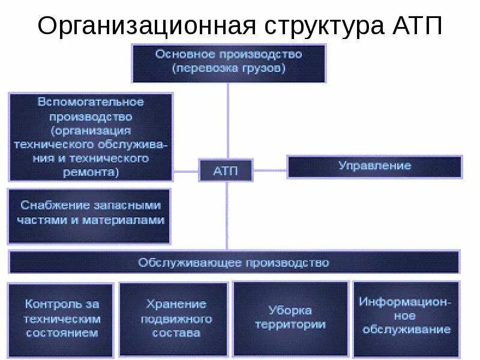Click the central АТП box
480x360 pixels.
click(226, 171)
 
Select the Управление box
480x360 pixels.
click(374, 166)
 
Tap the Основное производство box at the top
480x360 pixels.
click(229, 62)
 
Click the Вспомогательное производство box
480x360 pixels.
click(91, 136)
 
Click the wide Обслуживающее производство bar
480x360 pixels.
click(234, 262)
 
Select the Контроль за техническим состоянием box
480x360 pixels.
click(62, 319)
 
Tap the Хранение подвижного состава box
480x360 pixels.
click(174, 319)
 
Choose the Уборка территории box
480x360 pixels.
click(290, 319)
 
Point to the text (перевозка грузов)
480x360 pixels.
click(229, 68)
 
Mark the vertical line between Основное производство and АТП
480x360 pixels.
click(227, 120)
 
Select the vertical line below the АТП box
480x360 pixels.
click(226, 216)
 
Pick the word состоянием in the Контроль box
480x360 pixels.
click(62, 333)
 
